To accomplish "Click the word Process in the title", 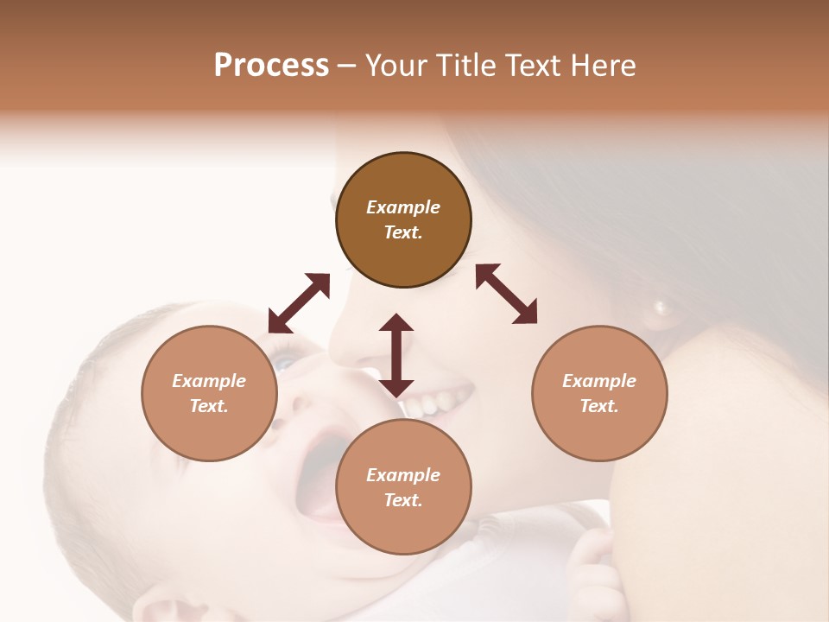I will click(271, 66).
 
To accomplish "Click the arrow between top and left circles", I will click(299, 303).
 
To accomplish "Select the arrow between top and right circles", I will click(506, 294).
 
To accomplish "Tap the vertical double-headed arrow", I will click(396, 355).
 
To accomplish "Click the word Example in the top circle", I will click(403, 207).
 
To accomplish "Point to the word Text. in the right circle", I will click(599, 406).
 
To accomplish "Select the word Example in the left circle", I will click(209, 381).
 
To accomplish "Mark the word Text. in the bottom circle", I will click(403, 500).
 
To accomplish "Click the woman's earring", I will click(662, 307).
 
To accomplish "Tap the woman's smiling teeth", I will click(440, 401).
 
